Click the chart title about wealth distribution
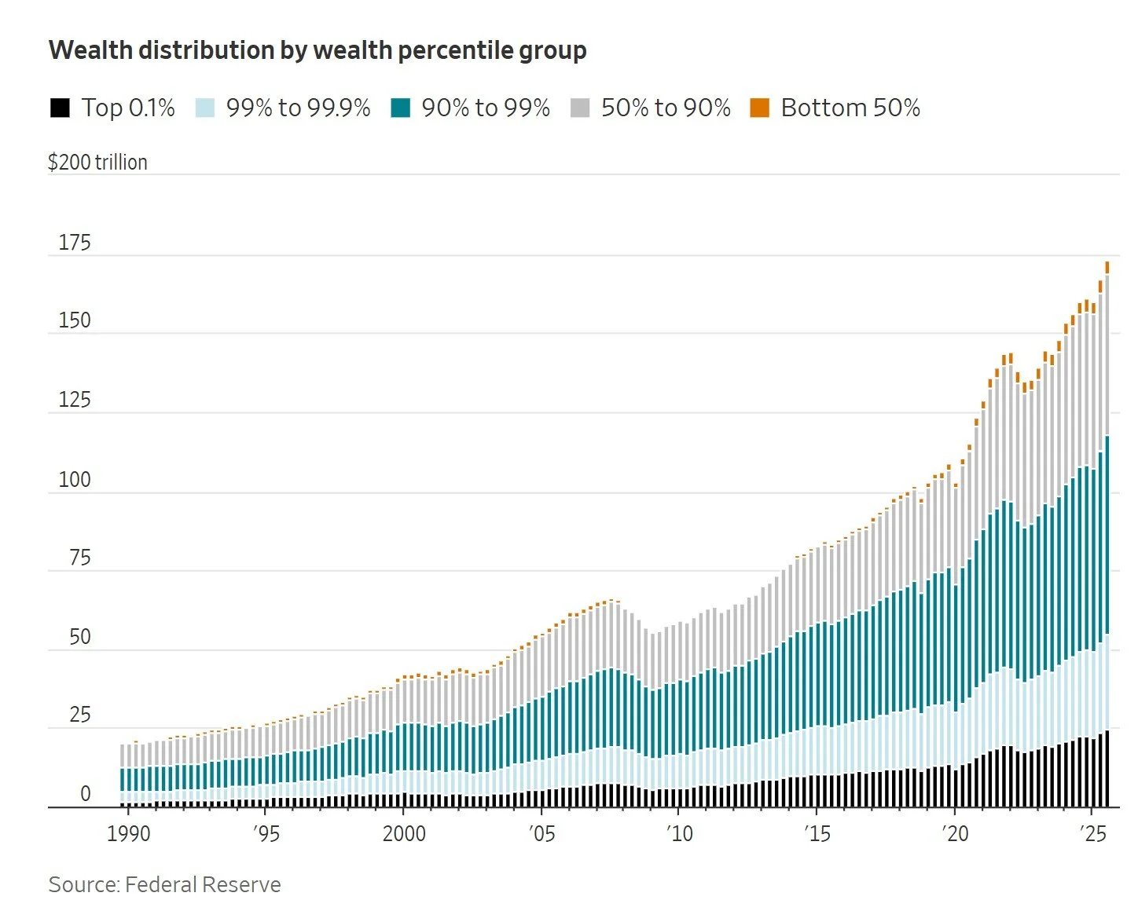(318, 50)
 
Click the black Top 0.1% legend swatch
(60, 108)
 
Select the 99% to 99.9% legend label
(298, 108)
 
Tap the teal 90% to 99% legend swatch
(401, 108)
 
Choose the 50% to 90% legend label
(666, 108)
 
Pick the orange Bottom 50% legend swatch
(759, 108)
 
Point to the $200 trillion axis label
(97, 162)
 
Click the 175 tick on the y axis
(75, 243)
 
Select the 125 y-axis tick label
(75, 400)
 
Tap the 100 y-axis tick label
(75, 479)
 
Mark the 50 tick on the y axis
(79, 637)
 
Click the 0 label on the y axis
(86, 794)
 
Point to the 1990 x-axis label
(128, 833)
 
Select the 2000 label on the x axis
(404, 833)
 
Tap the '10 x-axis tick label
(680, 833)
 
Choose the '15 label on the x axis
(817, 833)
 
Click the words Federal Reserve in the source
(203, 884)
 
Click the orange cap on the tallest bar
(1107, 267)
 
